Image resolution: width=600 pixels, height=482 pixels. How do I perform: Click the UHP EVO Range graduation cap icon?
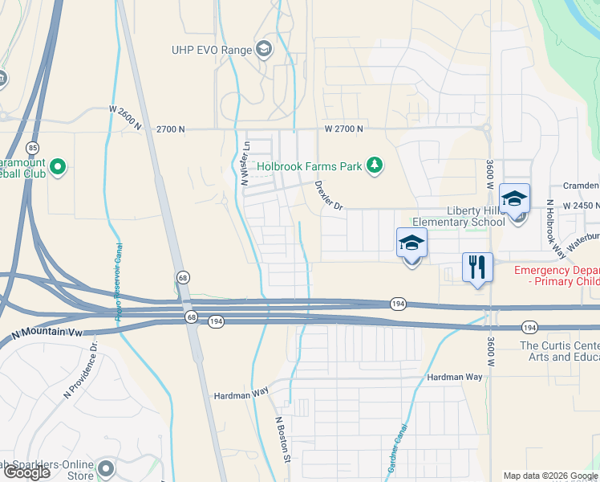tap(264, 50)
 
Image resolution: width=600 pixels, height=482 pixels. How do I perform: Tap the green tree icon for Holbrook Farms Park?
tap(374, 165)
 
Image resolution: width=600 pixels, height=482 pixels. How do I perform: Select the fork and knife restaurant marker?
tap(477, 268)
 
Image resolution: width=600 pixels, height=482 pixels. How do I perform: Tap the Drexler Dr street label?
tap(329, 195)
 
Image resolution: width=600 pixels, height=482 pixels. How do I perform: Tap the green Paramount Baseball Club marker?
tap(57, 167)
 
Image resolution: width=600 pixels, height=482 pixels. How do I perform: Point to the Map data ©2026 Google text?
tap(549, 476)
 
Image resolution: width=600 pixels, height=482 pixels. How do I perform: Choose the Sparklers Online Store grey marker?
tap(105, 468)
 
